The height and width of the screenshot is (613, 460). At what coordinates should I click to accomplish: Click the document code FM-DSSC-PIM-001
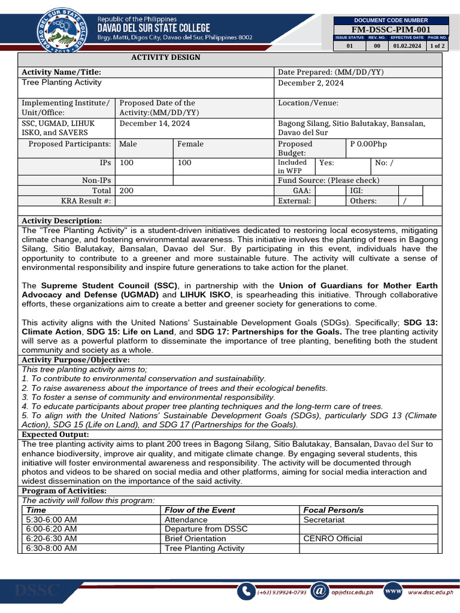(391, 29)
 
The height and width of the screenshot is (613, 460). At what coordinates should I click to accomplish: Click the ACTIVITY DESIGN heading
(166, 57)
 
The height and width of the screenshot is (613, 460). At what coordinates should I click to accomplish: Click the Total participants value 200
(126, 190)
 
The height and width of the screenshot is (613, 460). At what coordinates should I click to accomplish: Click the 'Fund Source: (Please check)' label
(328, 180)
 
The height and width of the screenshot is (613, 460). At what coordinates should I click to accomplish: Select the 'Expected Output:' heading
(55, 434)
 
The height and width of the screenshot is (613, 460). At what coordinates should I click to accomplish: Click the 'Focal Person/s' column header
(333, 510)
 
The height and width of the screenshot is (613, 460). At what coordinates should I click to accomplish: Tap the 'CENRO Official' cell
(332, 538)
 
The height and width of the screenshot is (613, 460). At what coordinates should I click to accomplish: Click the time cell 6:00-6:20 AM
(52, 529)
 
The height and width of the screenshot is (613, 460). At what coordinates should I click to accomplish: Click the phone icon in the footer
(246, 591)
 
